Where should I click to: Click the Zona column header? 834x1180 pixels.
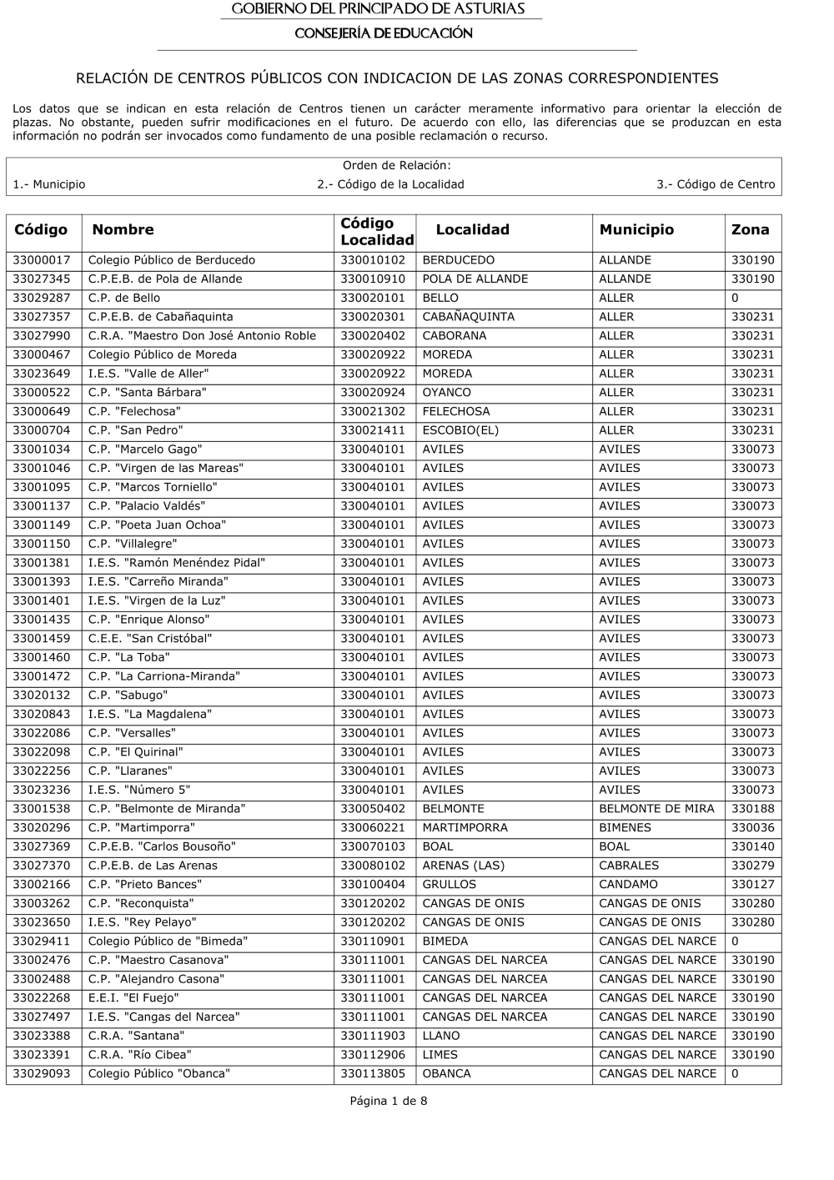click(x=750, y=230)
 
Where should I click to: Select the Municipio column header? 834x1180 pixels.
click(x=636, y=230)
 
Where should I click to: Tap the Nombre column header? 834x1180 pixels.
click(x=123, y=230)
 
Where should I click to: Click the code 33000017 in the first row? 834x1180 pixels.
click(x=42, y=260)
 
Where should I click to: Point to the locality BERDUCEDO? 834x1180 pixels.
click(x=458, y=260)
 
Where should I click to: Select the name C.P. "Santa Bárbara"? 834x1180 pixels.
click(x=147, y=393)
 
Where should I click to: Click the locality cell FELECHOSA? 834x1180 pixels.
click(x=455, y=412)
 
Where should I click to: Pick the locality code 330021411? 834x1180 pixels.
click(x=372, y=430)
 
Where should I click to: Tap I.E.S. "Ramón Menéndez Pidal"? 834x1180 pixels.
click(x=176, y=563)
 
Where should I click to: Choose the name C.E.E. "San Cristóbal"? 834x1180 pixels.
click(x=150, y=639)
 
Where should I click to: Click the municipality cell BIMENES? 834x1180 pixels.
click(x=625, y=828)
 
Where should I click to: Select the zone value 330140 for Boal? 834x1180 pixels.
click(x=752, y=847)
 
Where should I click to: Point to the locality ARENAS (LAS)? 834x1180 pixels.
click(x=463, y=866)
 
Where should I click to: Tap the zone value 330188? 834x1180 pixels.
click(x=752, y=809)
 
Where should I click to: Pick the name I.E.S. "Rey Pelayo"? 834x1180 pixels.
click(x=142, y=922)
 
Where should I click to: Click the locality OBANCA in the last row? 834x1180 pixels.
click(x=446, y=1074)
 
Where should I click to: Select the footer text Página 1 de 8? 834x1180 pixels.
click(x=388, y=1102)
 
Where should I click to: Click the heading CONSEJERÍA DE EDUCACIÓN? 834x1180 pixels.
click(x=384, y=34)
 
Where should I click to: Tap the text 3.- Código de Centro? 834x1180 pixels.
click(x=715, y=185)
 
